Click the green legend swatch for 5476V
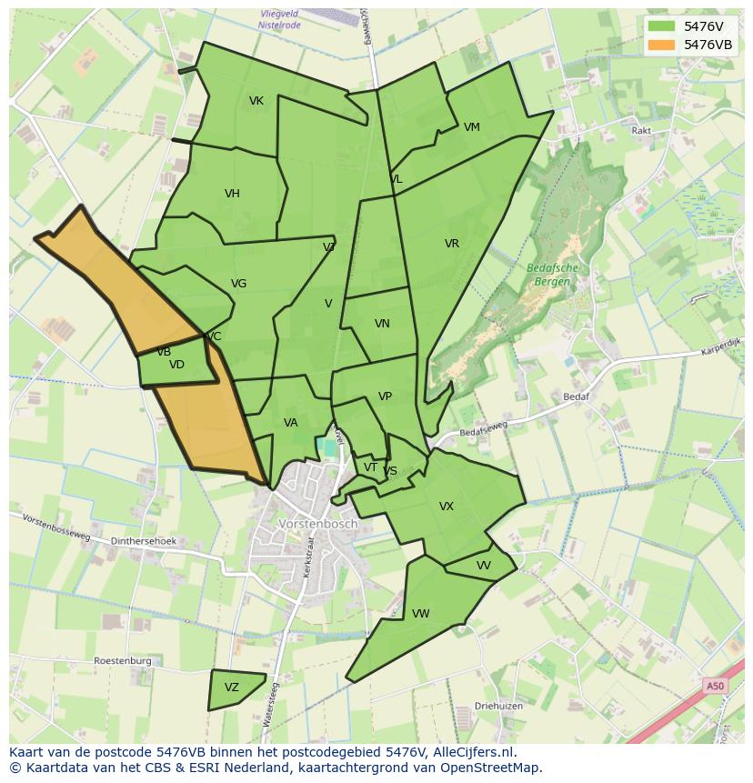pos(661,26)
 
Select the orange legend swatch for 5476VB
pos(661,45)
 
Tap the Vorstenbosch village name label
pos(318,525)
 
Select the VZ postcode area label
pos(232,688)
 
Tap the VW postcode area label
pos(420,614)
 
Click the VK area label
pos(256,101)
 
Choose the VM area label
pos(471,127)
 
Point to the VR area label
pos(452,244)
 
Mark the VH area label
pos(232,194)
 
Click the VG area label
pos(238,284)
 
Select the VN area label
pos(382,324)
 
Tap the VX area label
pos(447,507)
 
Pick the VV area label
pos(484,566)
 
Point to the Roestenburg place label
pos(122,661)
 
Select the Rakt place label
pos(641,131)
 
